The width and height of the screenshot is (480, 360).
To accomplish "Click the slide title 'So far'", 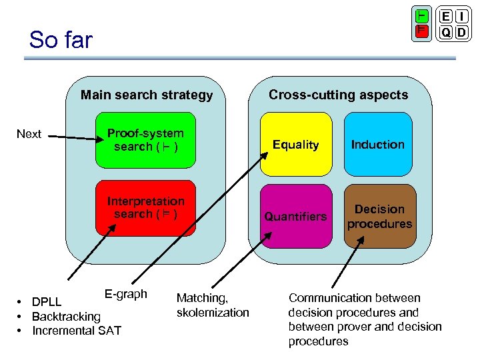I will pyautogui.click(x=61, y=40).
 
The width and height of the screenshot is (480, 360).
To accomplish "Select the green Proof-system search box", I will pyautogui.click(x=146, y=140).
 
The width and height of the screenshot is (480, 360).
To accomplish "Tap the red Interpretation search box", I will pyautogui.click(x=146, y=207).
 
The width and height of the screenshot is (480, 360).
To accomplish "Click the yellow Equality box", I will pyautogui.click(x=295, y=145).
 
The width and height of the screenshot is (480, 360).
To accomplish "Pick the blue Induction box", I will pyautogui.click(x=378, y=145).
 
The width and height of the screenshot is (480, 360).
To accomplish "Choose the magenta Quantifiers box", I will pyautogui.click(x=295, y=216).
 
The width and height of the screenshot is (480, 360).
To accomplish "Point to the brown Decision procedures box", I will pyautogui.click(x=379, y=216).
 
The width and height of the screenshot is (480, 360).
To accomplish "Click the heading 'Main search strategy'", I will pyautogui.click(x=147, y=95).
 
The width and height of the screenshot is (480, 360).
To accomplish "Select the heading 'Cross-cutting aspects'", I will pyautogui.click(x=338, y=95).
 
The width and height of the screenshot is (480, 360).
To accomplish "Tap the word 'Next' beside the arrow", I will pyautogui.click(x=29, y=134).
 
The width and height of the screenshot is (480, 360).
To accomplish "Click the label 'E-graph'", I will pyautogui.click(x=126, y=294).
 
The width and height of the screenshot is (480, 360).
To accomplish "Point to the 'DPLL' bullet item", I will pyautogui.click(x=47, y=302).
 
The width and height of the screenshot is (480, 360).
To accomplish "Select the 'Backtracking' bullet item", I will pyautogui.click(x=66, y=316).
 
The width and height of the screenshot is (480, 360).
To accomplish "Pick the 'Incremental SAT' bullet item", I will pyautogui.click(x=77, y=330).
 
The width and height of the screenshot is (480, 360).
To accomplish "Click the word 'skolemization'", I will pyautogui.click(x=213, y=312).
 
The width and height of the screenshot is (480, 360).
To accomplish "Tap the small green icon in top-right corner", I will pyautogui.click(x=421, y=16).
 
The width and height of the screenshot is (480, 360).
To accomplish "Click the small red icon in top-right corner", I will pyautogui.click(x=421, y=31).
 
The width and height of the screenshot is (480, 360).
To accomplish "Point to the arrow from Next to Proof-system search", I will pyautogui.click(x=73, y=138).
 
